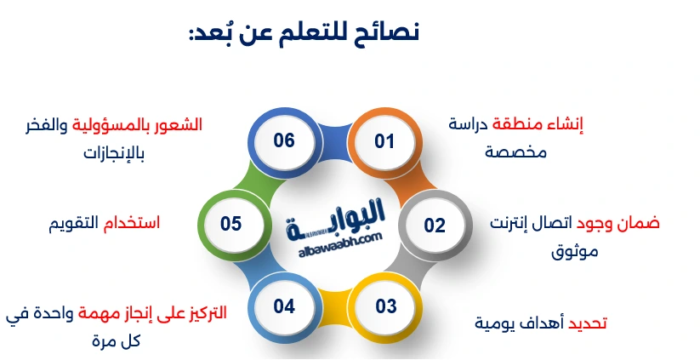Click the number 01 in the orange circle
tap(384, 141)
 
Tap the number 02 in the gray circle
tap(435, 226)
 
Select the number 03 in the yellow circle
tap(385, 306)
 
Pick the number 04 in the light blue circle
tap(284, 306)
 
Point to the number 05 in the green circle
tap(230, 223)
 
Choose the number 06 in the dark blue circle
tap(284, 140)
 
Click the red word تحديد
tap(587, 323)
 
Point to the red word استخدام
tap(131, 222)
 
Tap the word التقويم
tap(73, 223)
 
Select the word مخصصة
tap(515, 151)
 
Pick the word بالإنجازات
tap(114, 153)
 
